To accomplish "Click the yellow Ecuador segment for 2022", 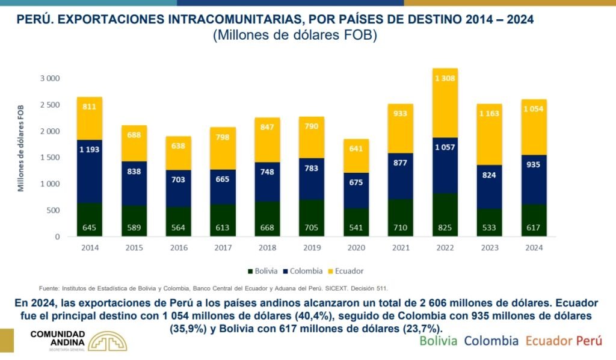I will point(445,103).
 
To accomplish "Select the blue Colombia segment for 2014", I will point(89,172).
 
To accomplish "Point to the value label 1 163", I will point(490,112).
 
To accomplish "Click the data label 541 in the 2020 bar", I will point(356,228).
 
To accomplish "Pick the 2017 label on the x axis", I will point(223,247).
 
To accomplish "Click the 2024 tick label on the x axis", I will point(534,247).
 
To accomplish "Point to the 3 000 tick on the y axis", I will point(50,78).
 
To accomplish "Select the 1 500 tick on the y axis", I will point(50,157).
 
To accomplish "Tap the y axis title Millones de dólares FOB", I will point(20,147).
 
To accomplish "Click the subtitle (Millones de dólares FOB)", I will point(295,36).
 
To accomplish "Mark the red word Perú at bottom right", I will point(589,341).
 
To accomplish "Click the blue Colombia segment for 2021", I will point(401,176).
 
